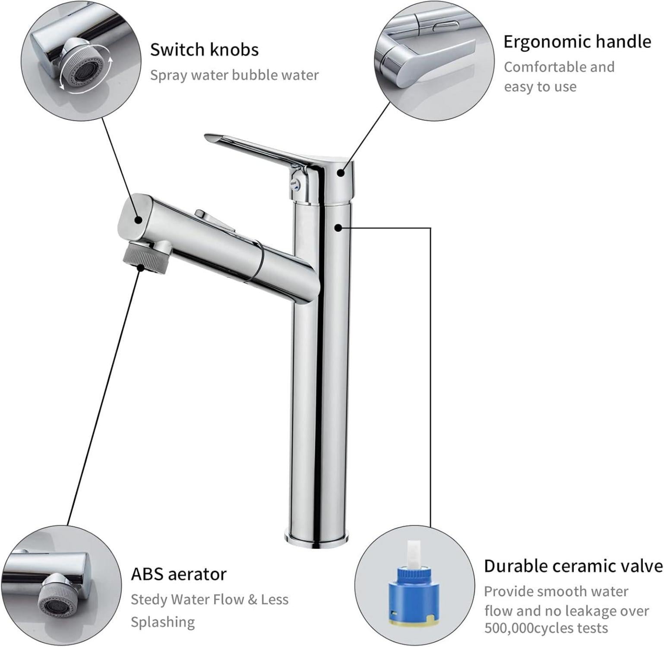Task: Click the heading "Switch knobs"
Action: pos(204,50)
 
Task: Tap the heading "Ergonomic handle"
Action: pos(577,42)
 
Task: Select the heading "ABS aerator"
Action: pos(179,575)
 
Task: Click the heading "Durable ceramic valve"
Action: pos(573,566)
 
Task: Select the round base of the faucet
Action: pos(316,539)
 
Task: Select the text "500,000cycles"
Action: pos(546,628)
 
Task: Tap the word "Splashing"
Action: pos(163,622)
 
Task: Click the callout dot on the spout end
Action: pos(138,220)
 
